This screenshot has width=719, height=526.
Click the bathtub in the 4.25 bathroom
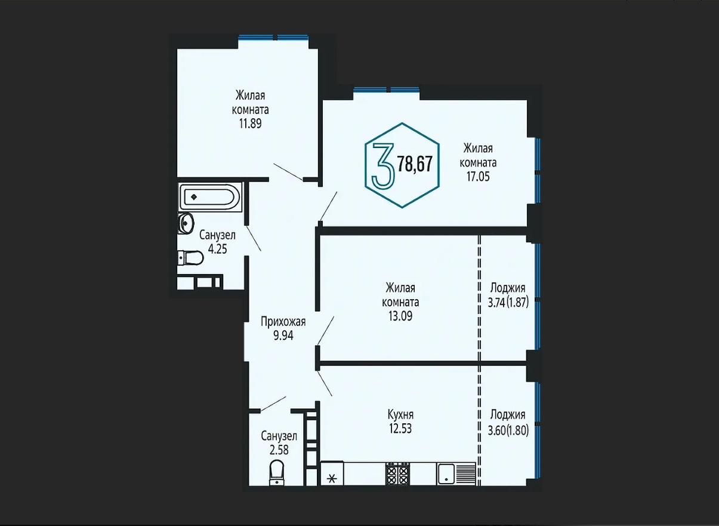[210, 198]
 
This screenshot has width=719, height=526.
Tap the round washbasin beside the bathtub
[186, 223]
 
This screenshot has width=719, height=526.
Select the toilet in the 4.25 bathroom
[190, 258]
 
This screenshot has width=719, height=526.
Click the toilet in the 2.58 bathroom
[277, 472]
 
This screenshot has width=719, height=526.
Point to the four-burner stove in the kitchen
[398, 473]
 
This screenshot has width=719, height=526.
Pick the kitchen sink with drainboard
[456, 473]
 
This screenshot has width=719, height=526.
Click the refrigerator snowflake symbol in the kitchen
[332, 479]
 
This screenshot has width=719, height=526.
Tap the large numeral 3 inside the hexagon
[382, 165]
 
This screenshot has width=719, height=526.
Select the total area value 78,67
[415, 164]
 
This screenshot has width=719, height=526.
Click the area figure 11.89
[251, 124]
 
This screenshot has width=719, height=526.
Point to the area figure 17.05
[478, 177]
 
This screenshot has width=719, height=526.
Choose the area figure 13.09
[400, 316]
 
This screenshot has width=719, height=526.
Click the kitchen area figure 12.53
[400, 428]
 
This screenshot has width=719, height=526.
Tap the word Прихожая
[283, 322]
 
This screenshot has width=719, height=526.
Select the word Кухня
[400, 415]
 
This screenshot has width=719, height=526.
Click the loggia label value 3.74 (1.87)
[508, 302]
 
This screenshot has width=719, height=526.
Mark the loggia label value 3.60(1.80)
[508, 430]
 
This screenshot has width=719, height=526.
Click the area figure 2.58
[279, 450]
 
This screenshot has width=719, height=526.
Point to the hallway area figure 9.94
[283, 336]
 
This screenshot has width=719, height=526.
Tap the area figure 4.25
[217, 249]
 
